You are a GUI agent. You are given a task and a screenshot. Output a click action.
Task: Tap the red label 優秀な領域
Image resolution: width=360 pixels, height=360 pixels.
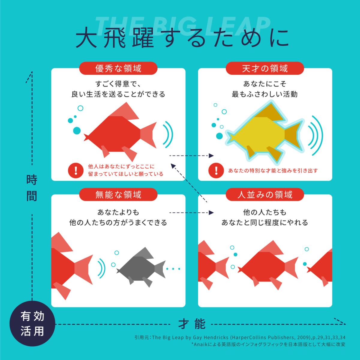118,68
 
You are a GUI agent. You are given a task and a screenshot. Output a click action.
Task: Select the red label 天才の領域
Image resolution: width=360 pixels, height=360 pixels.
265,68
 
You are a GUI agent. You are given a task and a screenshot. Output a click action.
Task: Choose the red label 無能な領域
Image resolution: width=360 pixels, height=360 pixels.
118,194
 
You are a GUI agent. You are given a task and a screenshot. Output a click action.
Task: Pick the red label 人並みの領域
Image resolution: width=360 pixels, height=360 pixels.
265,194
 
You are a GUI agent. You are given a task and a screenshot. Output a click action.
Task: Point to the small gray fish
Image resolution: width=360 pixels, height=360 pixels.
141,268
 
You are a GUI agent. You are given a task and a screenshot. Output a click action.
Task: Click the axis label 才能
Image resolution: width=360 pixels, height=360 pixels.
192,324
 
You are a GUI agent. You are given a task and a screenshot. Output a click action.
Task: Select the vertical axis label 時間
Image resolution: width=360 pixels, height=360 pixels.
32,188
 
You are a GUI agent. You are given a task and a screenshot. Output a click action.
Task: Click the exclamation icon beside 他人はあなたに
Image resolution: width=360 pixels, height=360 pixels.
76,170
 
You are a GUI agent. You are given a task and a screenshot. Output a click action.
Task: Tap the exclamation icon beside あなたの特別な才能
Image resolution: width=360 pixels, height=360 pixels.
216,170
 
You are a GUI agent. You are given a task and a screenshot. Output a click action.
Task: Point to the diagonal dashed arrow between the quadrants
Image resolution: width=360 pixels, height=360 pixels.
189,183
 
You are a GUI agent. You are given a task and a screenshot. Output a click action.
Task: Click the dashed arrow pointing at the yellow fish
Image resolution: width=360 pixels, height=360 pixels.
191,156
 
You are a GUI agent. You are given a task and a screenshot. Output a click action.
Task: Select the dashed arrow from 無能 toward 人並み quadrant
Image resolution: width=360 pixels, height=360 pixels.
191,213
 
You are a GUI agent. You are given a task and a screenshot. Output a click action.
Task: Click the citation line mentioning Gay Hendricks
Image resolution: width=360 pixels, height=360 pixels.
240,337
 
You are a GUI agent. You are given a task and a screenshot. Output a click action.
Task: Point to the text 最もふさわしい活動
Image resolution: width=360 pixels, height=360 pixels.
265,94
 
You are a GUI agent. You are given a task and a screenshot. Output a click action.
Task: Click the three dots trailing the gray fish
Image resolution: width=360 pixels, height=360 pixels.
173,269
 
